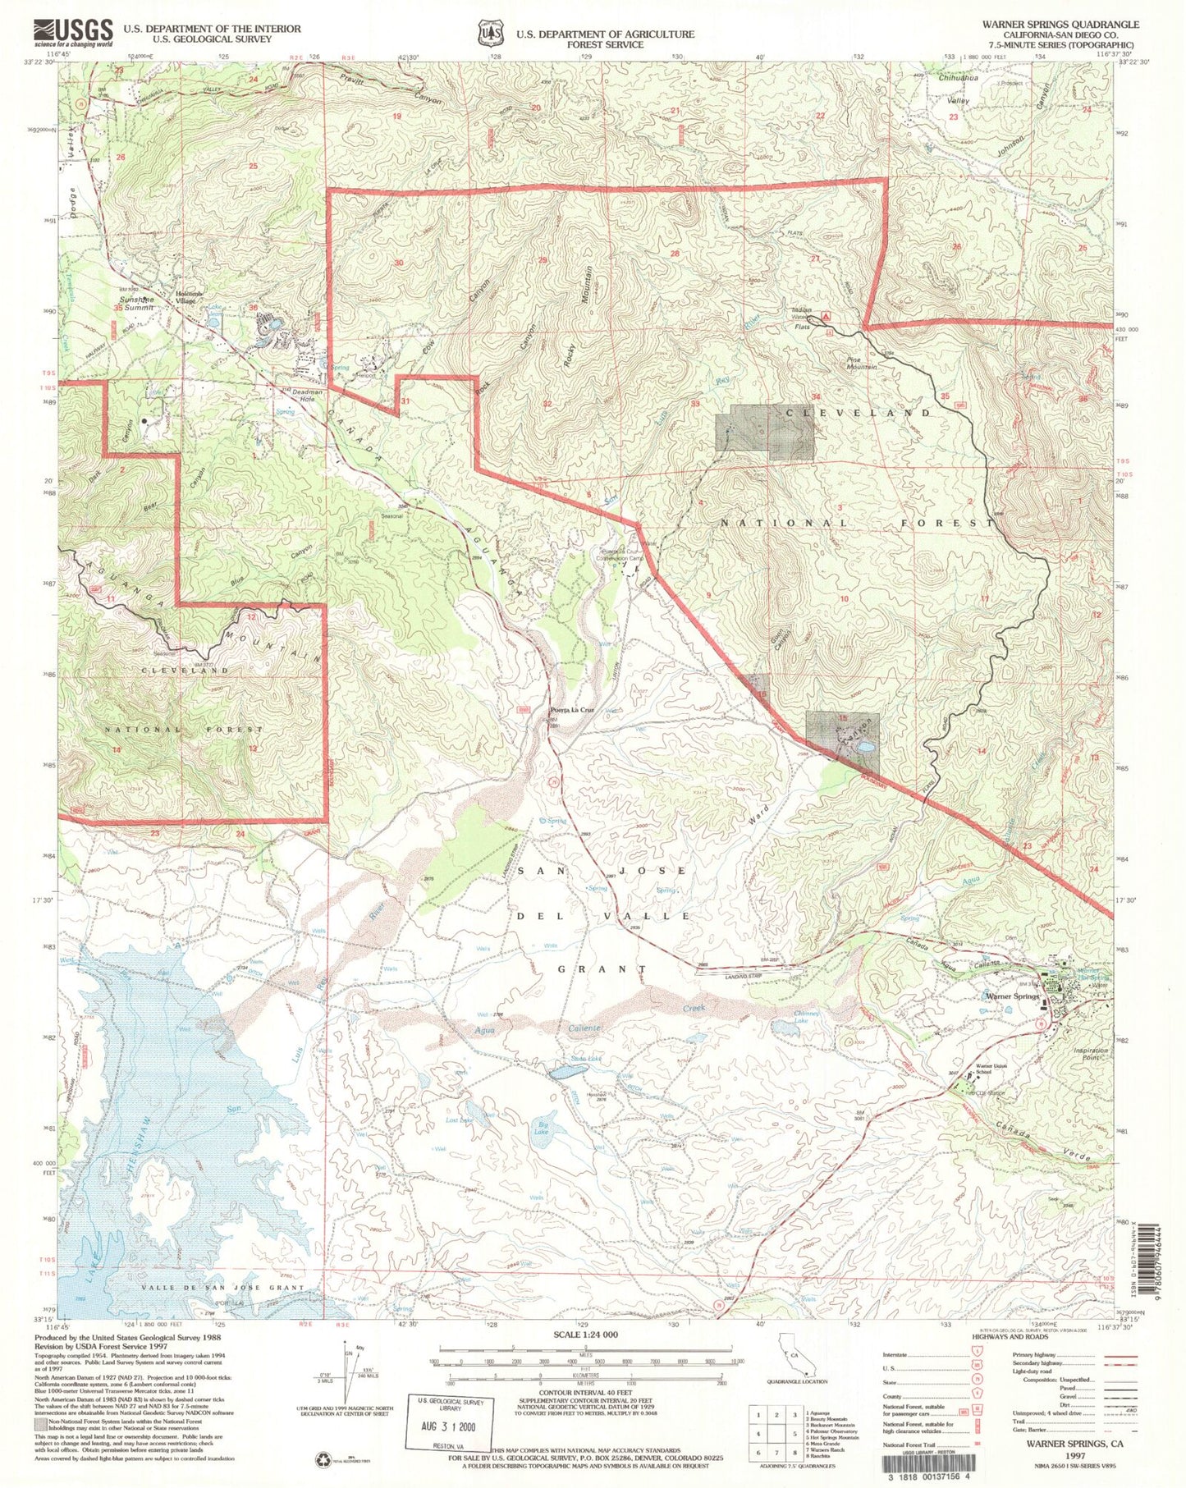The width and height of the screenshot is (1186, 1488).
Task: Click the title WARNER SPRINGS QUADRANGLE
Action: click(1060, 25)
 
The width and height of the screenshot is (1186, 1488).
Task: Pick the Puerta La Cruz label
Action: click(571, 710)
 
